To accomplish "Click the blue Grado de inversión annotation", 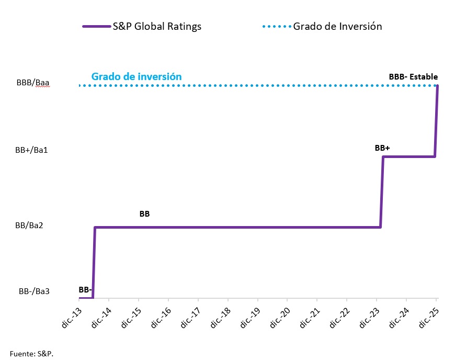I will tap(136, 76).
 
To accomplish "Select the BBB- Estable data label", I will tap(413, 76).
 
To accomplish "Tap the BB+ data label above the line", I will tap(382, 148).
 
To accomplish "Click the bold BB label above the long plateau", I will tap(145, 214).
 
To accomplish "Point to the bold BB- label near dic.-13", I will tap(86, 289).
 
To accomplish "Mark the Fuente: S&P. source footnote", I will tap(31, 354).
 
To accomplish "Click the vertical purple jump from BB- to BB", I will tap(94, 262).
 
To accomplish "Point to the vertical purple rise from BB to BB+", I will tap(382, 192).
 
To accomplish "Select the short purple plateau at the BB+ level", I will tap(408, 156).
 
